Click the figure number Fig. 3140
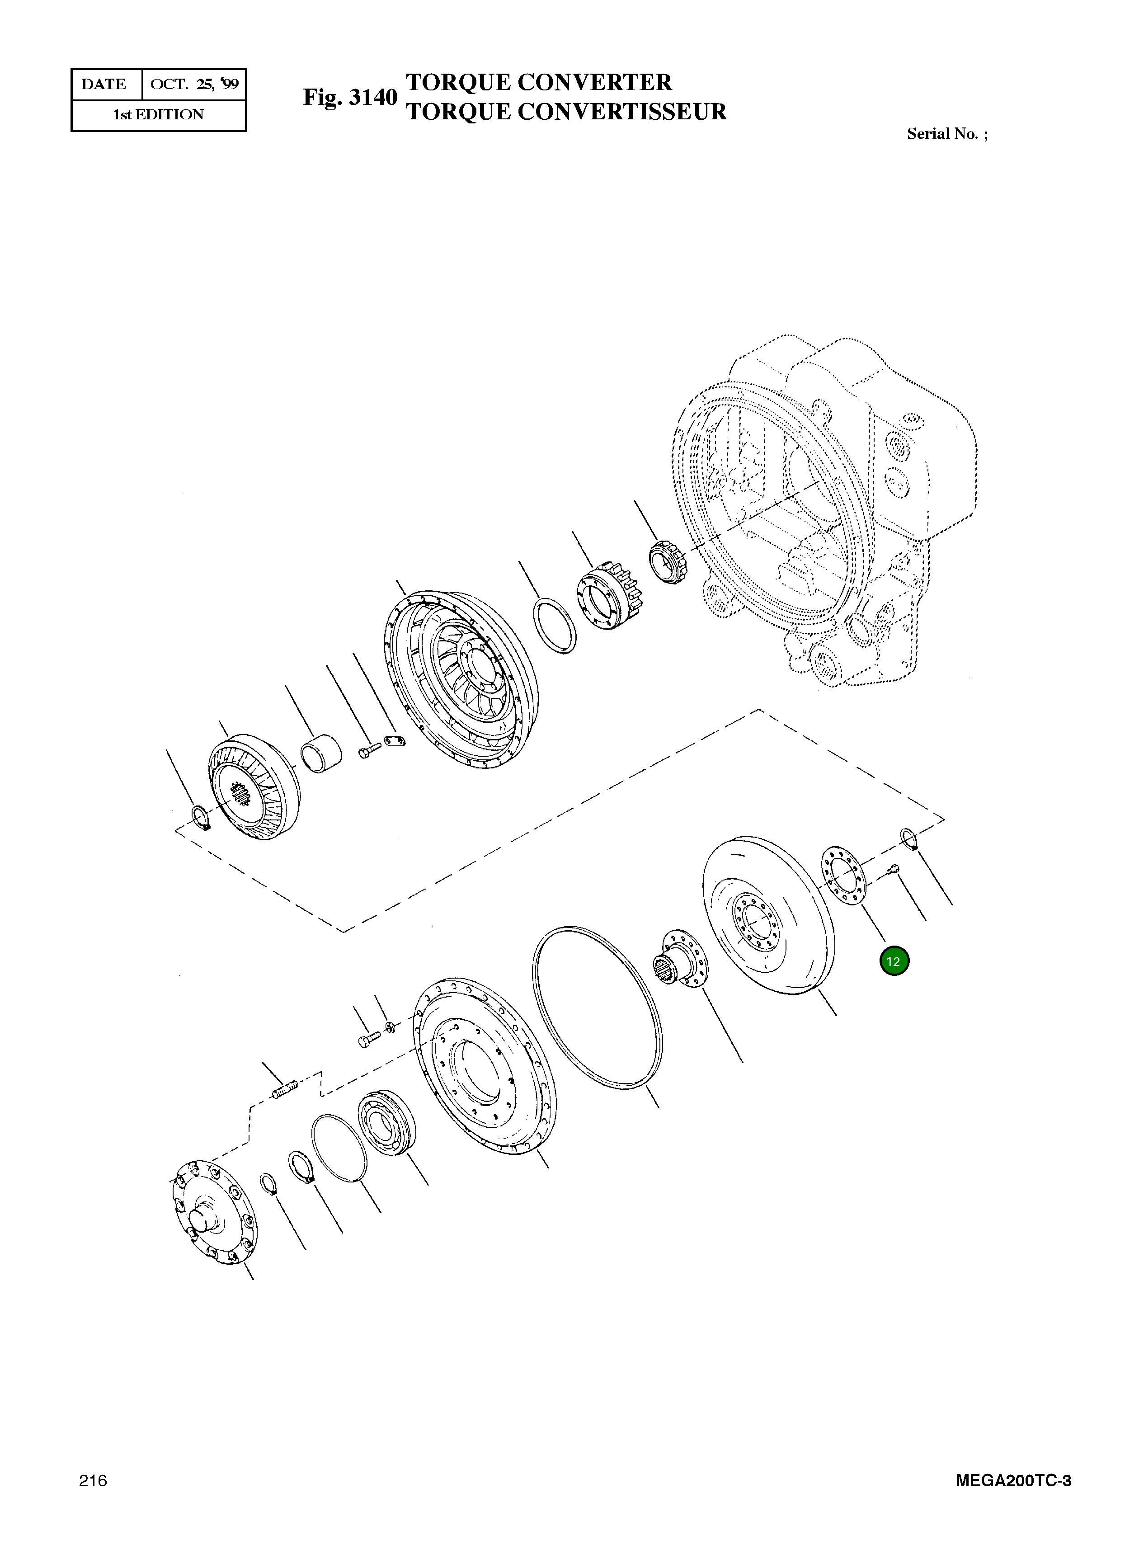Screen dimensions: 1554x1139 (x=350, y=97)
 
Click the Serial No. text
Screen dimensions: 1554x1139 (x=946, y=134)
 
